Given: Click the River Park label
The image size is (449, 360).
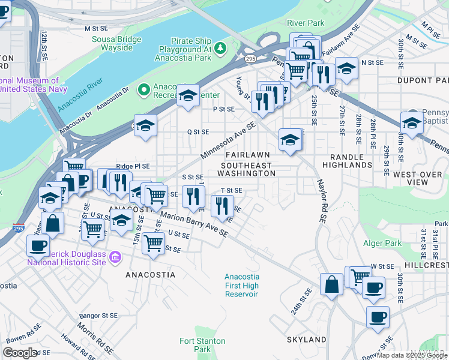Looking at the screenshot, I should (306, 23).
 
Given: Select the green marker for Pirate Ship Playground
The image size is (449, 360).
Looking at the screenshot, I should (220, 47).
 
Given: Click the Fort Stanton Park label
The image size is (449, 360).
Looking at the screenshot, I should (202, 345).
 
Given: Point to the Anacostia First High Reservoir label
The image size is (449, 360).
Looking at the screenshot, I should (242, 286).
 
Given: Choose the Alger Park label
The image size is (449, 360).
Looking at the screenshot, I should (382, 243).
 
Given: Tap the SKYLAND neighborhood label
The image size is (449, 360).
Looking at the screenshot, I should (306, 340).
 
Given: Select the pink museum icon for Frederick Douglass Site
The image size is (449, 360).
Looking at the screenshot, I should (116, 257).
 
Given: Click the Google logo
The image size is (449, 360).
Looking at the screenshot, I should (20, 353).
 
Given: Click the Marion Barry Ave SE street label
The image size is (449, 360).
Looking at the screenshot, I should (193, 224).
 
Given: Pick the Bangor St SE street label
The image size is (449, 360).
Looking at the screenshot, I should (97, 315).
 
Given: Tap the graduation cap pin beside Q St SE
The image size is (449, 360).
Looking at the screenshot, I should (145, 127).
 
